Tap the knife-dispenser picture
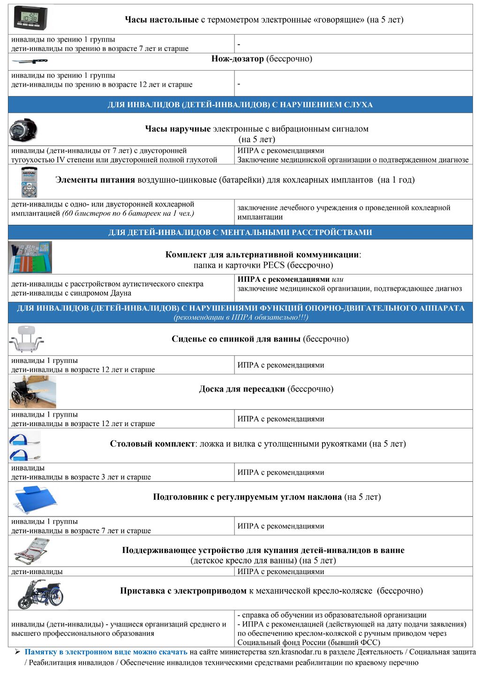29,61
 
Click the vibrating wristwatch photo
23,130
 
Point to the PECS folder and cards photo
30,257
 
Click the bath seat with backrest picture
26,339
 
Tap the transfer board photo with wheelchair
33,391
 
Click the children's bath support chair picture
31,552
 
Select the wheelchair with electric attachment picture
40,594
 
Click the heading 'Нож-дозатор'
238,59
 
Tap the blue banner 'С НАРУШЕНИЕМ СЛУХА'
240,105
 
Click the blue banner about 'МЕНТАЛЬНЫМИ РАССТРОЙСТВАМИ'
240,232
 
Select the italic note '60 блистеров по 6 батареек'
128,214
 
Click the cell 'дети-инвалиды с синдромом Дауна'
71,293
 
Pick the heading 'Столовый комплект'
152,444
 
